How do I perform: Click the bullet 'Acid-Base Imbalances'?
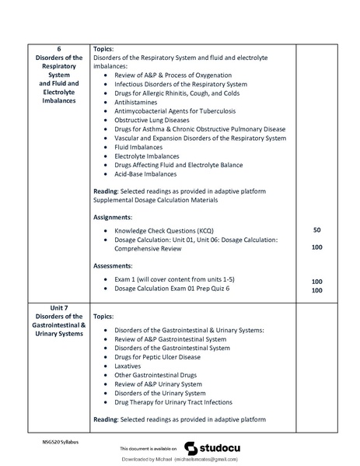tap(148, 175)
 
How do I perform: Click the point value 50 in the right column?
tap(316, 230)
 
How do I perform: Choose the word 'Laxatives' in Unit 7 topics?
tap(129, 366)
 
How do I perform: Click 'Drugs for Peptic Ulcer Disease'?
tap(157, 356)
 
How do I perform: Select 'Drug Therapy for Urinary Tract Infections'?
tap(173, 402)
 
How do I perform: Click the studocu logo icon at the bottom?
tap(190, 447)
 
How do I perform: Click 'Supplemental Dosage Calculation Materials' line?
tap(156, 201)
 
